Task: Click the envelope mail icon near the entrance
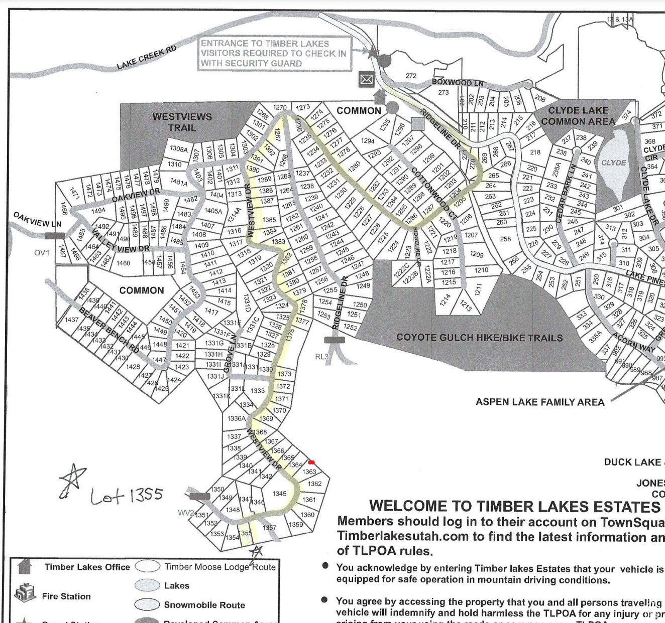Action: [367, 79]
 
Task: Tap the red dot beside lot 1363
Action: [311, 462]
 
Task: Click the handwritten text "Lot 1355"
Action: [127, 496]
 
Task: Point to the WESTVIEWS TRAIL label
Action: [182, 122]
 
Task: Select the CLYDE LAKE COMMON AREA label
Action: [578, 116]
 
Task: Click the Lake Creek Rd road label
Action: [146, 58]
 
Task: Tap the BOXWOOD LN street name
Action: [458, 82]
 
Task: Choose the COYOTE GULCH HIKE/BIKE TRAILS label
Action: [480, 338]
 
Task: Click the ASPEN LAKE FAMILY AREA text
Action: [540, 402]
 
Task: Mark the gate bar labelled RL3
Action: [335, 340]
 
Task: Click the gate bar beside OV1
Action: [54, 235]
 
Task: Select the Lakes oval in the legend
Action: [147, 585]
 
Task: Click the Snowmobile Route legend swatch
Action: [147, 604]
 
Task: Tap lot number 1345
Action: [280, 494]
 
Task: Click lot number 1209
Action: [477, 254]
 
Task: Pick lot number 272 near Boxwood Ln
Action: [411, 76]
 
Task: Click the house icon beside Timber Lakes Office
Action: [24, 566]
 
